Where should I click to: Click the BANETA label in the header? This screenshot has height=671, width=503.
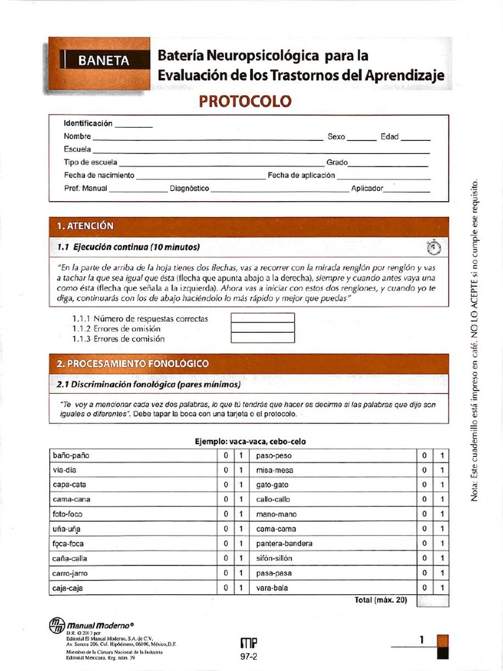[x=103, y=61]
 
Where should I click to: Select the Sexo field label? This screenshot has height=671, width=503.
[x=336, y=137]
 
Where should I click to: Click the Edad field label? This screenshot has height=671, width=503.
[x=390, y=137]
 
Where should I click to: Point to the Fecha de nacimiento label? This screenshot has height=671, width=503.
[x=99, y=176]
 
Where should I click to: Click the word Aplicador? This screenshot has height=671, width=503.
[x=367, y=189]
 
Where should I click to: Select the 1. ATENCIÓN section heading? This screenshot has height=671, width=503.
[x=85, y=226]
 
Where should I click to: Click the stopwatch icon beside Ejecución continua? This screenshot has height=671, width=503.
[x=434, y=248]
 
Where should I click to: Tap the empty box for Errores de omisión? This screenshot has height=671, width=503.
[x=263, y=328]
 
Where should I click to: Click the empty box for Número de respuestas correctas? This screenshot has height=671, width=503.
[x=263, y=318]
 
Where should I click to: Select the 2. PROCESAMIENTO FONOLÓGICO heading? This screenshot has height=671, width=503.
[x=133, y=363]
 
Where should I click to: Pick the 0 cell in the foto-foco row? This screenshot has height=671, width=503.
[x=225, y=514]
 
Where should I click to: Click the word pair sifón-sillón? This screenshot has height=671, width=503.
[x=274, y=558]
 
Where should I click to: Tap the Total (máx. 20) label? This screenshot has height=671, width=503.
[x=381, y=600]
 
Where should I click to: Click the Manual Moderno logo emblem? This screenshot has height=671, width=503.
[x=57, y=626]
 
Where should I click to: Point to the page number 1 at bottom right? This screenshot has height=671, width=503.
[x=422, y=639]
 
